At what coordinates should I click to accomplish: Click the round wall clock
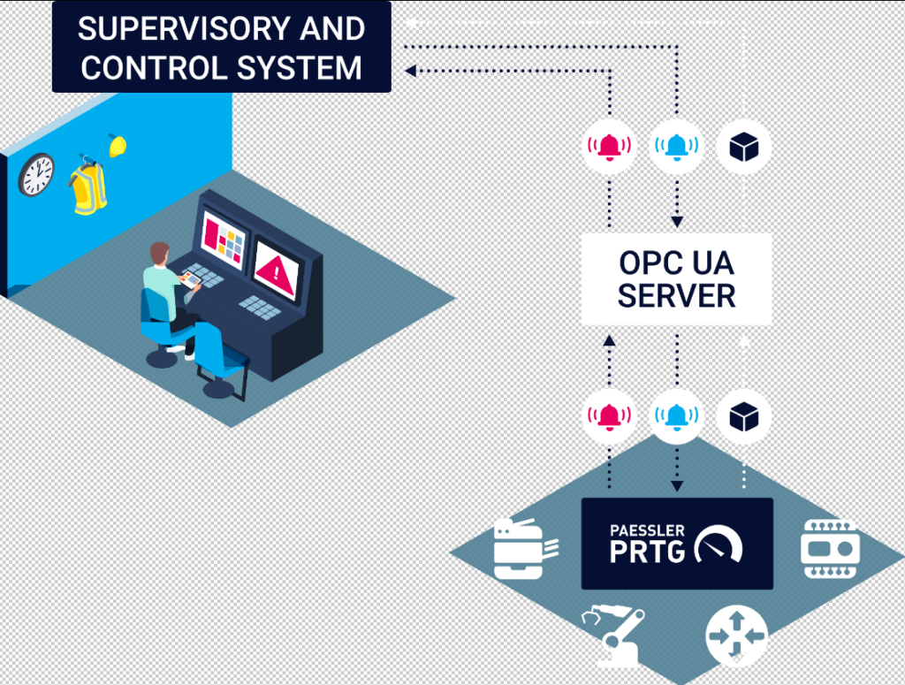[36, 174]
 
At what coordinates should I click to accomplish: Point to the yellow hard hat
[118, 145]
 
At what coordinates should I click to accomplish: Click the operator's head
[159, 254]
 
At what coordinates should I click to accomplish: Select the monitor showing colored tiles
[223, 239]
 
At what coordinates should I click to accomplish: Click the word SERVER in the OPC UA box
[676, 296]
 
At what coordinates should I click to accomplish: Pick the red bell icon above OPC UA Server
[609, 146]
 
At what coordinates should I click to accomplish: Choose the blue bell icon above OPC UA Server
[677, 146]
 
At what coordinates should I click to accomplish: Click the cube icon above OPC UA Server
[744, 146]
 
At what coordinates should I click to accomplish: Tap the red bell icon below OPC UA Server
[609, 415]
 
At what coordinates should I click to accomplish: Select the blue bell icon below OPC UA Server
[677, 415]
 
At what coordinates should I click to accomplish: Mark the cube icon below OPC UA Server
[744, 415]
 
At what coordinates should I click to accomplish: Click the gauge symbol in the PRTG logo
[719, 546]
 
